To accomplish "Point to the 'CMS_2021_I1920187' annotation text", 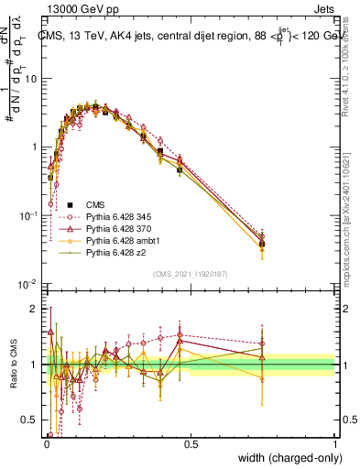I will [191, 274].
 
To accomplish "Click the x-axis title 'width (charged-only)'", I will [285, 459].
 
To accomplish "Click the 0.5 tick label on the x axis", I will [191, 445].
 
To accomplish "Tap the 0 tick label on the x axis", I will [46, 445].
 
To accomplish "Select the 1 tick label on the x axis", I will [334, 445].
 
